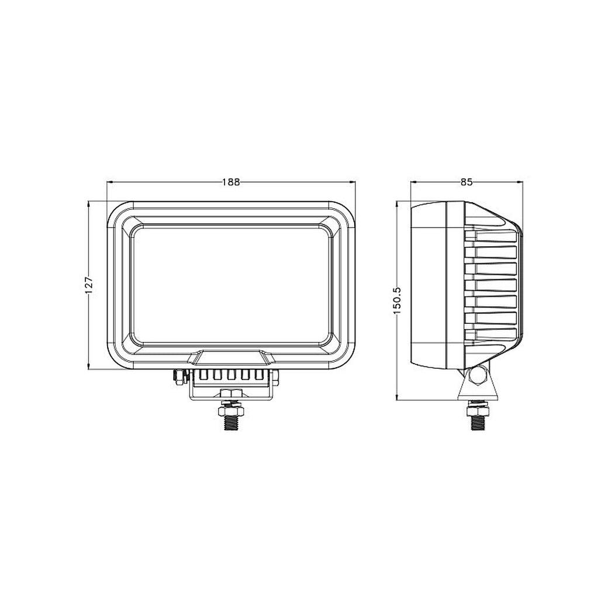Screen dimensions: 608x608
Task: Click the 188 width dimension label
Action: (x=231, y=182)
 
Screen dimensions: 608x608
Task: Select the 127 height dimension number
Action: (x=89, y=285)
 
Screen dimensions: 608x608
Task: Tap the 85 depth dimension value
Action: (x=466, y=182)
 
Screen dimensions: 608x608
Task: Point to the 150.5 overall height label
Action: (x=397, y=300)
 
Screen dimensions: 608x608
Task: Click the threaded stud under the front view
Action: (x=231, y=420)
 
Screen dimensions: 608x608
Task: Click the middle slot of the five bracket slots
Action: (x=232, y=375)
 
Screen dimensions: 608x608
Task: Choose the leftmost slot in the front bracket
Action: (x=202, y=375)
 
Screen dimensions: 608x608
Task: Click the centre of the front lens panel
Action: (x=231, y=285)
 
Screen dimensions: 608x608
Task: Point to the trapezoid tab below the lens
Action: (x=232, y=357)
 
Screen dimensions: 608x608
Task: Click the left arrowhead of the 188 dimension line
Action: (x=109, y=182)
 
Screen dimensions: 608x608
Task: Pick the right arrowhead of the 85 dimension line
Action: (x=520, y=182)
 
